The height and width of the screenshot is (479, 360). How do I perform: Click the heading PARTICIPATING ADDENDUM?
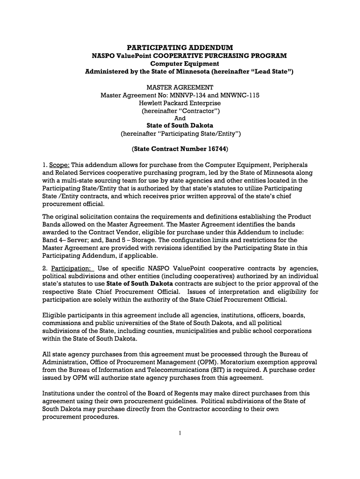coord(180,48)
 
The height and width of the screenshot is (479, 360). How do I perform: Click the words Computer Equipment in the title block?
coord(180,64)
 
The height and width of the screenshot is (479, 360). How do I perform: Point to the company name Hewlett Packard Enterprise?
coord(180,103)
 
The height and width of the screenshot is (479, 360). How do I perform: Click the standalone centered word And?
coord(180,118)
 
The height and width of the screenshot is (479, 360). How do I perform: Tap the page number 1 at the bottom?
coord(180,433)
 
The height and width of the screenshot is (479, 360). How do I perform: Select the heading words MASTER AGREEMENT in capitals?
coord(180,87)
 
